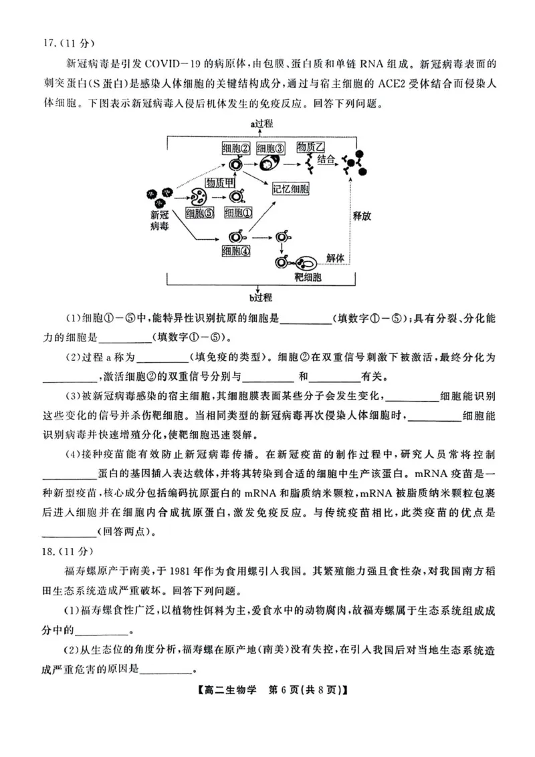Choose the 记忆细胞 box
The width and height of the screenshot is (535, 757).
291,188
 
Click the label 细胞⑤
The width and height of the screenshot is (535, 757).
199,213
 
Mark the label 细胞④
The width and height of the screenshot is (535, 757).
236,251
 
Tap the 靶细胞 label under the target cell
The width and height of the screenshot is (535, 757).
308,276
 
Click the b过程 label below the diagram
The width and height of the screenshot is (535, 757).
261,297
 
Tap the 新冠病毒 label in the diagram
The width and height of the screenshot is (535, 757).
160,221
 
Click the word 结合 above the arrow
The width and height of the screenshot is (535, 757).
326,160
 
